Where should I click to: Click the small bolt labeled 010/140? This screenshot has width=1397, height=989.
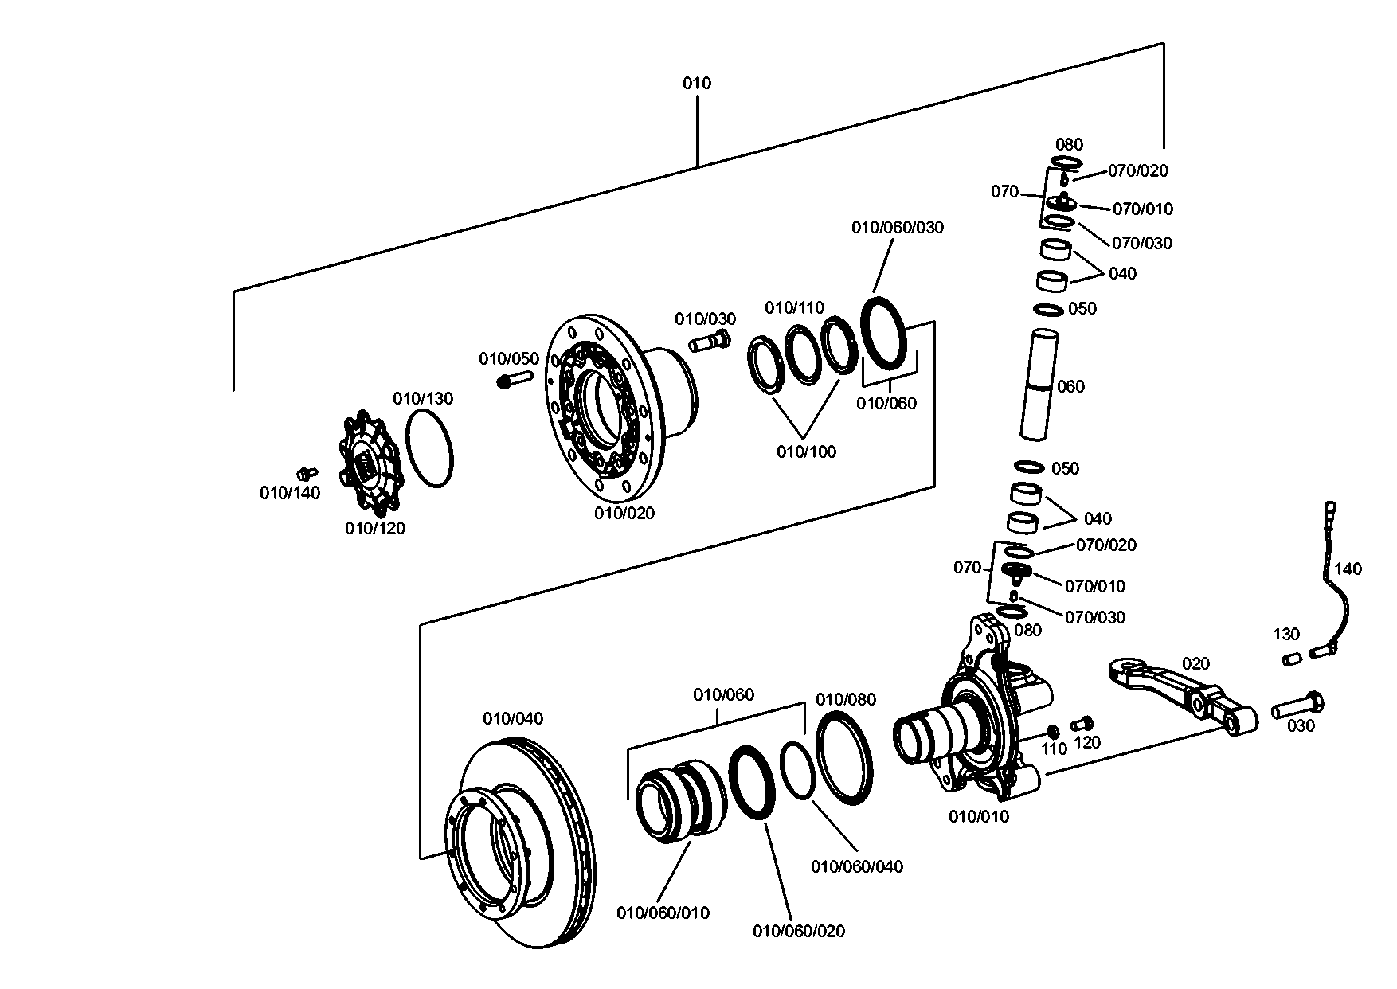[x=305, y=472]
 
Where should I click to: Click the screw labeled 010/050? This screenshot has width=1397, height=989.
[x=516, y=378]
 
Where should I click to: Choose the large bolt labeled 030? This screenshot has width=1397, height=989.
[x=1298, y=706]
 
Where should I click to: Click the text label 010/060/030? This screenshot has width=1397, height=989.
[x=898, y=228]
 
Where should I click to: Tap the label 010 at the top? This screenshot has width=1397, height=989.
[x=697, y=84]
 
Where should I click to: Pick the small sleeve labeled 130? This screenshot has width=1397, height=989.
[x=1292, y=659]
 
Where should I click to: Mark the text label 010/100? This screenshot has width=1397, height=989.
[x=807, y=452]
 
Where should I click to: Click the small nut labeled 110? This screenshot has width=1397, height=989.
[x=1053, y=731]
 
